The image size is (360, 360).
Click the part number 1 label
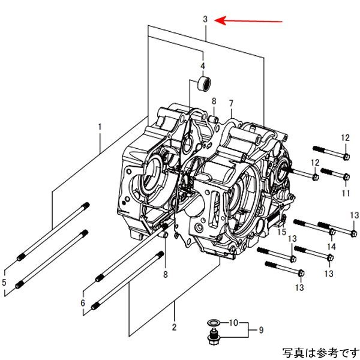[100, 127]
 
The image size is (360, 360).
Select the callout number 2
[174, 327]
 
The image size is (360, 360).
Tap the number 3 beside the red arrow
[205, 19]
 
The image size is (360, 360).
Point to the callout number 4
[202, 65]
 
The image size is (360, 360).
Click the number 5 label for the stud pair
[4, 282]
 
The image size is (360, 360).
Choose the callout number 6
[83, 303]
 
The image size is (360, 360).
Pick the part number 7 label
[230, 103]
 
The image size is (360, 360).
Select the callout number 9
[261, 329]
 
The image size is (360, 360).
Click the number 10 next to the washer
[236, 322]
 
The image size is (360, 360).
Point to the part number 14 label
[331, 247]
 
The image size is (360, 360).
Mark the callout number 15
[281, 232]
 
